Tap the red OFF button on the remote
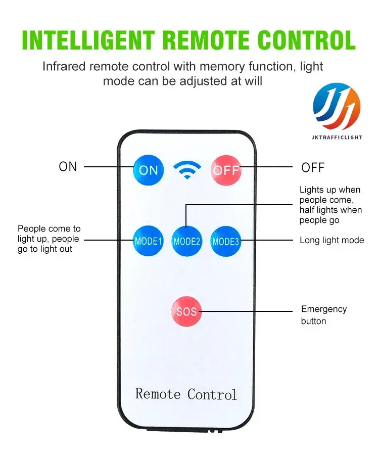coord(226,170)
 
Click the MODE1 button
coord(148,241)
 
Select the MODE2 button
coord(187,241)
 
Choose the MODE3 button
coord(225,241)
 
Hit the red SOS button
coord(186,311)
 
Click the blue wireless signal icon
coord(187,170)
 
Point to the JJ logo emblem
coord(337,107)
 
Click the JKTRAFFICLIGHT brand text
coord(337,137)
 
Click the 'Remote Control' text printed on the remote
coord(186,394)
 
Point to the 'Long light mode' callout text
coord(331,240)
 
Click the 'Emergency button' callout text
coord(324,315)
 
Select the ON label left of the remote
coord(68,167)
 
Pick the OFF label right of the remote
coord(313,168)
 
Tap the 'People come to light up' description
coord(49,239)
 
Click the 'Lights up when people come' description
coord(330,205)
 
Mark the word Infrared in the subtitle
coord(65,66)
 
